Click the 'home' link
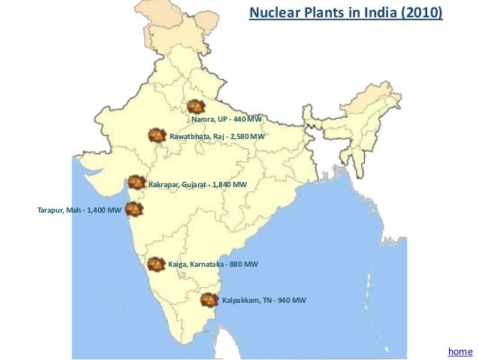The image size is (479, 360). click(x=459, y=351)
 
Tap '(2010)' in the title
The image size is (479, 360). click(x=423, y=14)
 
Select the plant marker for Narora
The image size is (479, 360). click(x=196, y=107)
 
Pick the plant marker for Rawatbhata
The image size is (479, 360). click(x=156, y=135)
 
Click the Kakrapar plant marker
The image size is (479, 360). click(x=136, y=183)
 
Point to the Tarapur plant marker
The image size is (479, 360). click(x=132, y=209)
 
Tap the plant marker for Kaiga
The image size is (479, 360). click(x=155, y=264)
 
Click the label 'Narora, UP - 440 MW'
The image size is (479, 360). click(x=227, y=120)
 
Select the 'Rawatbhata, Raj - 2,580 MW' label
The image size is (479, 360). click(x=218, y=136)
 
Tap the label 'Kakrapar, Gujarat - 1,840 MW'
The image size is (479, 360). click(x=197, y=184)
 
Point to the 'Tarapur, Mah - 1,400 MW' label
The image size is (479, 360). click(x=79, y=210)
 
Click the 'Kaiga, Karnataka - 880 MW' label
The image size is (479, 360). click(x=213, y=265)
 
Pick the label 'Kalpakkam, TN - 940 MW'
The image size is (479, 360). click(x=264, y=301)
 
